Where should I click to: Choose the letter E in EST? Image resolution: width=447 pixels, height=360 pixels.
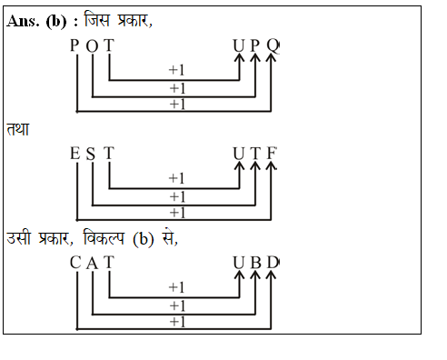tap(75, 154)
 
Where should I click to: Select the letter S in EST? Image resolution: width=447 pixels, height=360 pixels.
tap(91, 154)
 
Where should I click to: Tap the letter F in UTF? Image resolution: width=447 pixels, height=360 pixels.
tap(271, 154)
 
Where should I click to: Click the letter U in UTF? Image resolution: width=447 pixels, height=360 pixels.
tap(239, 154)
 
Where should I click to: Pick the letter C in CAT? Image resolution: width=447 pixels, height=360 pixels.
tap(75, 263)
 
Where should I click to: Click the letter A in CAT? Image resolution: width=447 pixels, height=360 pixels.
tap(92, 263)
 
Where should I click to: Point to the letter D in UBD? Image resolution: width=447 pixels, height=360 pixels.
tap(272, 263)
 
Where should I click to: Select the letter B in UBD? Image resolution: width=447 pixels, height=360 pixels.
tap(255, 263)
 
